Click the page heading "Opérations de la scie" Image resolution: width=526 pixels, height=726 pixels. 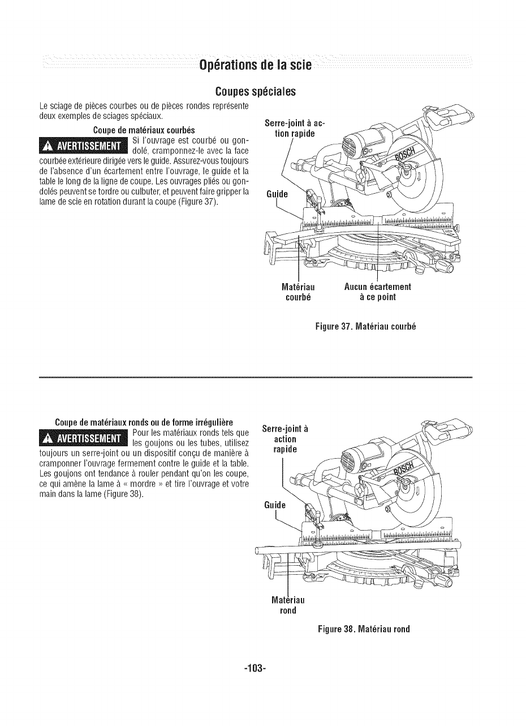tap(255, 65)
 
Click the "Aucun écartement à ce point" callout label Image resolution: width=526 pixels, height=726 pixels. tap(377, 292)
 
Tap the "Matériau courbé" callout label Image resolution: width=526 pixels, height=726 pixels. tap(298, 292)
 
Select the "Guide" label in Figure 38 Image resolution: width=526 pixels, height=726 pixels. tap(276, 505)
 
